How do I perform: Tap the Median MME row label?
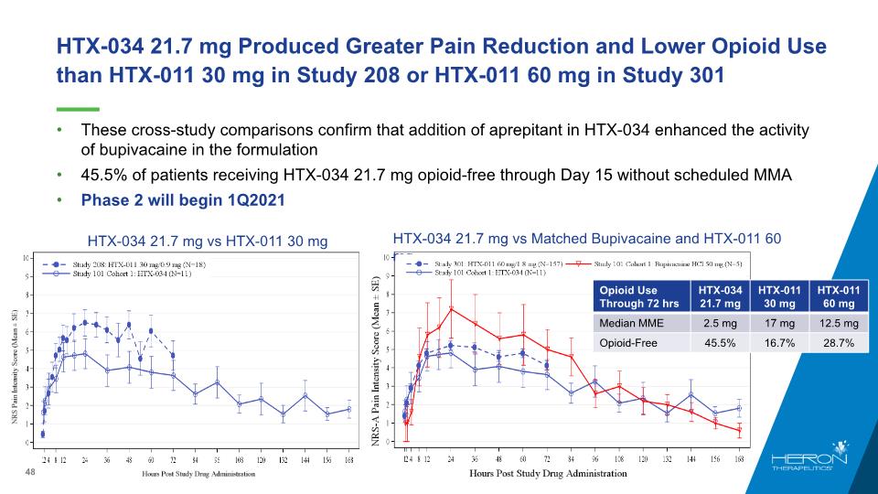631,323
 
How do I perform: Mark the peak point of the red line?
451,308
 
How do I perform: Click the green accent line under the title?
78,108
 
